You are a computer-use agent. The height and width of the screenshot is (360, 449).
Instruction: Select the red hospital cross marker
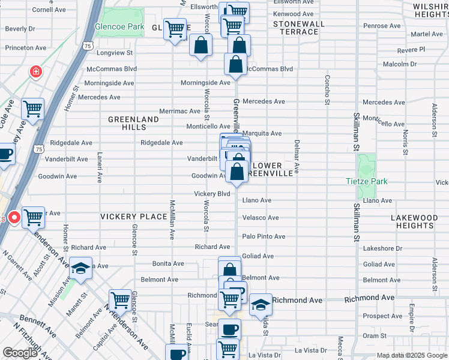point(37,71)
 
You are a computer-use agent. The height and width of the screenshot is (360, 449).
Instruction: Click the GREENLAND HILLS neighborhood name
point(133,123)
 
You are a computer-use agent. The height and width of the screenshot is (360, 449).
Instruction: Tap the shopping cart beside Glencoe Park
point(175,28)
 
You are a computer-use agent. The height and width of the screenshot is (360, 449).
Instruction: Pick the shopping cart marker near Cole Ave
point(33,110)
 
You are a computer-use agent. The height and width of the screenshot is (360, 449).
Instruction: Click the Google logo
point(20,353)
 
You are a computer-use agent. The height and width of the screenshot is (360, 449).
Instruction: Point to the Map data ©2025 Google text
point(412,355)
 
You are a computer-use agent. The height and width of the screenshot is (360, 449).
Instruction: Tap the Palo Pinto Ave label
point(264,236)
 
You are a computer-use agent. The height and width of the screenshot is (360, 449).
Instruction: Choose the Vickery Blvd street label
point(212,194)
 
